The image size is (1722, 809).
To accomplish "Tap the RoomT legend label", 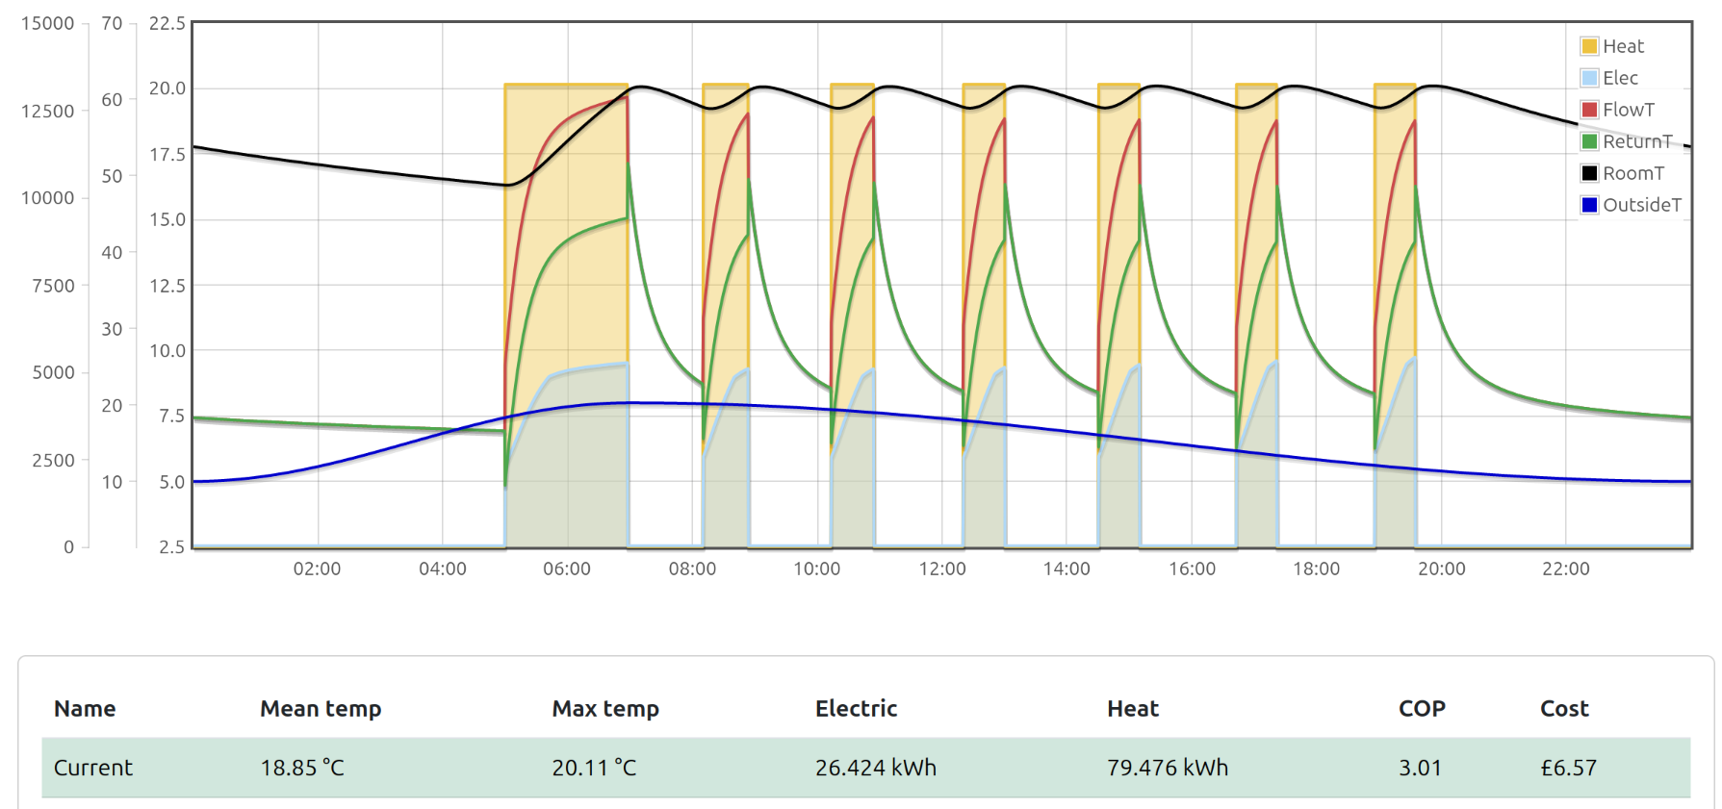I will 1633,173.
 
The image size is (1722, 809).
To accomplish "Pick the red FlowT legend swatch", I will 1589,110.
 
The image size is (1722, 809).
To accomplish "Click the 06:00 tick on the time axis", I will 567,569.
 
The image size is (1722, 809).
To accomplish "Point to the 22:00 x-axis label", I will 1566,569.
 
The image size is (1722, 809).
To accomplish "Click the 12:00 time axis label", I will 942,569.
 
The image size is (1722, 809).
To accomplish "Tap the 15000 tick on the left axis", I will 47,23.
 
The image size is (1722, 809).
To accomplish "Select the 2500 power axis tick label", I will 53,460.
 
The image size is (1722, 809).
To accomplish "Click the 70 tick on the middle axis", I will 112,23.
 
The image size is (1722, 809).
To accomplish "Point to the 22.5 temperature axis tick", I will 167,23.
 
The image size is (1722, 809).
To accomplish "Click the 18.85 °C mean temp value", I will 302,768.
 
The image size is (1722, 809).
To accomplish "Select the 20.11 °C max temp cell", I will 594,768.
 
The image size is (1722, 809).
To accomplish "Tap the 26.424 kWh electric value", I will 875,768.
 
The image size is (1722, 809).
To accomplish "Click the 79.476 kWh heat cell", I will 1168,768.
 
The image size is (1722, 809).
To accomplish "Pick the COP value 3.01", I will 1420,768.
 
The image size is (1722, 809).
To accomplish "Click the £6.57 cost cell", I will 1568,768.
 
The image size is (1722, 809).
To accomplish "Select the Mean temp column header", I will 321,709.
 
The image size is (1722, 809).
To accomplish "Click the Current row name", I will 93,768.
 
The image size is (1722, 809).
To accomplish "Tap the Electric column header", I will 856,709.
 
